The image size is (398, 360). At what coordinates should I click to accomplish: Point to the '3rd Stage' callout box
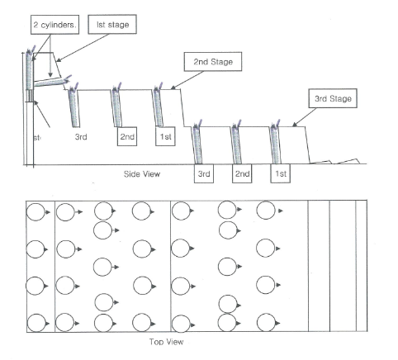point(332,99)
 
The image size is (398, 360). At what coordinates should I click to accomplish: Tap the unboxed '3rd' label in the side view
point(81,136)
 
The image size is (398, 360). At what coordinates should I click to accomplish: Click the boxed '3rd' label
point(203,174)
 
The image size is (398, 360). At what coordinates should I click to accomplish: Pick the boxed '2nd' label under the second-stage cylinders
point(126,136)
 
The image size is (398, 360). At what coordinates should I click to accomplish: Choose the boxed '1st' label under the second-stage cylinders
point(164,136)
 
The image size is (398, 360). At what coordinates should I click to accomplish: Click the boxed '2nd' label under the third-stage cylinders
point(241,174)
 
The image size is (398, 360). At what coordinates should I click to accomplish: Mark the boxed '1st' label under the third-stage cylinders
point(282,174)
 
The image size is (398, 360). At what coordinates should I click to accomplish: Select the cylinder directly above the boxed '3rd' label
point(198,142)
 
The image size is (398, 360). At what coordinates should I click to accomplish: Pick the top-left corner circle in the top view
point(36,212)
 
